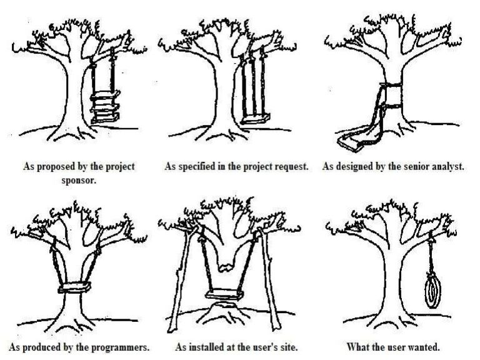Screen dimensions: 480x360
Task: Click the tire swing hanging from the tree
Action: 432,291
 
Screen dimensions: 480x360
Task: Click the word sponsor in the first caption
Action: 79,180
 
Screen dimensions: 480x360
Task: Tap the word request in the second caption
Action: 291,166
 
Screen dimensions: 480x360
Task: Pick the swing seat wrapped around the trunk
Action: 74,287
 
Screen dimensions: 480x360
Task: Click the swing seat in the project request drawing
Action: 255,119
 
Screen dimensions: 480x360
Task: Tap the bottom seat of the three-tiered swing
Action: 105,118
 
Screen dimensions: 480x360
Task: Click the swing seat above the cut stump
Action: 224,294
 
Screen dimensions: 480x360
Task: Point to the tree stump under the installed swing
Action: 225,312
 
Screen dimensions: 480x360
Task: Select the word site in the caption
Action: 289,347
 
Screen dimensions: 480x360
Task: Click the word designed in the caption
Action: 355,166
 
